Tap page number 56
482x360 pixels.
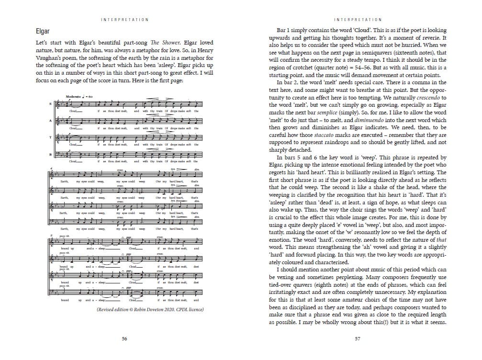[x=124, y=338]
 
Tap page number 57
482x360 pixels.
[x=357, y=338]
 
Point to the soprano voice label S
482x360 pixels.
[x=51, y=105]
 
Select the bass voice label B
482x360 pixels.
[x=51, y=154]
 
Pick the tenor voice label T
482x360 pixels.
[x=51, y=138]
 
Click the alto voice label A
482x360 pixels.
[x=51, y=121]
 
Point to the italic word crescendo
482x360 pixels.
[x=415, y=97]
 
